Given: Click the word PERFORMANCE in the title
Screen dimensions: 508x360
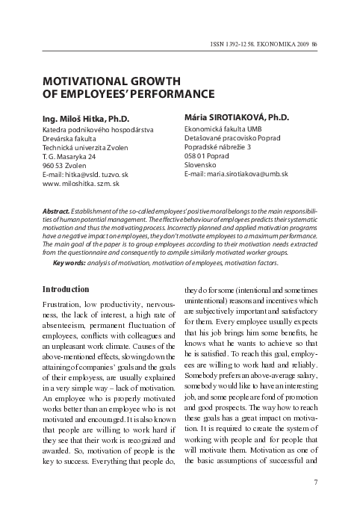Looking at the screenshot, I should [x=170, y=94].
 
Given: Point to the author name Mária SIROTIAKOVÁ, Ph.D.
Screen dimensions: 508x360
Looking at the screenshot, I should [x=236, y=117].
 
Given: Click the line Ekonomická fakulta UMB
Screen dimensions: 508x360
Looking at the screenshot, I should [x=223, y=129].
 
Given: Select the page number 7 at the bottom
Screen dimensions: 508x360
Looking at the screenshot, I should [x=316, y=482].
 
